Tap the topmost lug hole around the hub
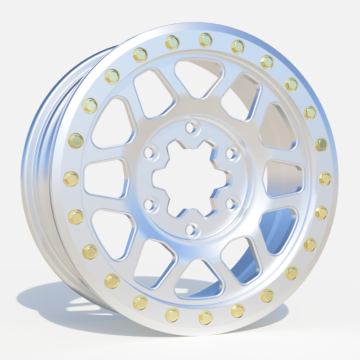pyautogui.click(x=192, y=126)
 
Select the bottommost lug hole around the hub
pyautogui.click(x=192, y=230)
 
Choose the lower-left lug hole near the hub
pyautogui.click(x=149, y=205)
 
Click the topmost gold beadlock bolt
pyautogui.click(x=205, y=40)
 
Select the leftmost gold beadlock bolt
pyautogui.click(x=71, y=179)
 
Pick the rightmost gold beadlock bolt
pyautogui.click(x=325, y=179)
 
